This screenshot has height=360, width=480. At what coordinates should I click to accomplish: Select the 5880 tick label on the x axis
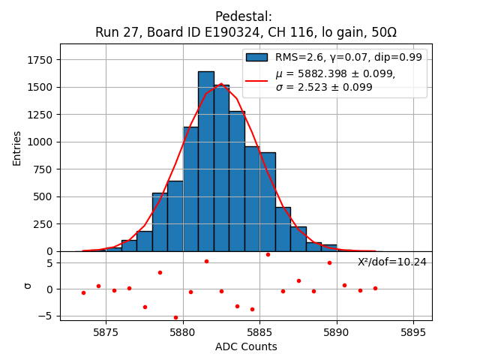(183, 332)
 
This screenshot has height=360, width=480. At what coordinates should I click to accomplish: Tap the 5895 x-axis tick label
(413, 332)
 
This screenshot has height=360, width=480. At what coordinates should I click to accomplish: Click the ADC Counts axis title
(246, 346)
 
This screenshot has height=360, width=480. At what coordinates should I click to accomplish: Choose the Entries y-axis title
(17, 147)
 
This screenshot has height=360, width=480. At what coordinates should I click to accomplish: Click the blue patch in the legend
(256, 57)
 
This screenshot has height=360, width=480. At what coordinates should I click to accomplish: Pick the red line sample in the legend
(256, 80)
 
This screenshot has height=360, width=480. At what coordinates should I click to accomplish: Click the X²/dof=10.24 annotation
(391, 262)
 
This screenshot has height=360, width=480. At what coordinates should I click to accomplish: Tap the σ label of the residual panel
(28, 285)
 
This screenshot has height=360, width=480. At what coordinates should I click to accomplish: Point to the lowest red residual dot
(175, 317)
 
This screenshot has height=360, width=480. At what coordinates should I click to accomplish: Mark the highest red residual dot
(268, 254)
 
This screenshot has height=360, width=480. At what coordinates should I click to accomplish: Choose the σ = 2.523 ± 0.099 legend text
(324, 87)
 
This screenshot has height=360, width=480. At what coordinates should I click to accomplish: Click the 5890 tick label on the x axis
(336, 332)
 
